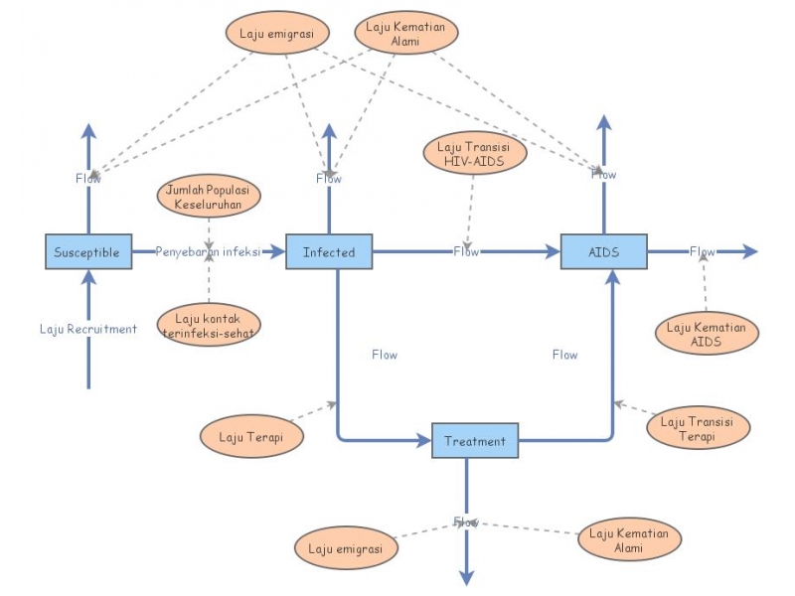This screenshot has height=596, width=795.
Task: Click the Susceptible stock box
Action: pos(87,251)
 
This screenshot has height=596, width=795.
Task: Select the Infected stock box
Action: pos(329,251)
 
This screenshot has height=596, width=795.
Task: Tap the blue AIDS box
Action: pos(603,251)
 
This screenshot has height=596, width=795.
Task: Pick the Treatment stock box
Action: pos(475,441)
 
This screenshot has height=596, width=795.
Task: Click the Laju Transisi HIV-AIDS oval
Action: pos(473,155)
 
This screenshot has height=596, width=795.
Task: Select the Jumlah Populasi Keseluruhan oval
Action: pos(209,196)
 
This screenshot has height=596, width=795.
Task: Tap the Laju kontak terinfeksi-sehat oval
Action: pos(209,325)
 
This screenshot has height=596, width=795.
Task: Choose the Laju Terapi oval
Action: pos(250,436)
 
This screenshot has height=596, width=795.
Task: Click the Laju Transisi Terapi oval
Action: pos(699,428)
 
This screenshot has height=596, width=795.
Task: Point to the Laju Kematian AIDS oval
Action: pos(708,333)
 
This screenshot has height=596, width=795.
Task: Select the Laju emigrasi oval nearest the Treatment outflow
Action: pos(346,548)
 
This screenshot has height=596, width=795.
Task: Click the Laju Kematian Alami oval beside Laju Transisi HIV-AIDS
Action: pos(405,34)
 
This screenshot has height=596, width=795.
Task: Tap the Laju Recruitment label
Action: pos(88,329)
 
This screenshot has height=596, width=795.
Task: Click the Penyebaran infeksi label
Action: pos(207,252)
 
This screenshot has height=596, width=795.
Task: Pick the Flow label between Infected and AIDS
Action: pos(467,251)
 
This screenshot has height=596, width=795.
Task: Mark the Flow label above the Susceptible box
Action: pos(88,178)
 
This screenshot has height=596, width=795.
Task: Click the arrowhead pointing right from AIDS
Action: pos(750,251)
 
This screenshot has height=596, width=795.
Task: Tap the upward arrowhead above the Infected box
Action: pos(329,131)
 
